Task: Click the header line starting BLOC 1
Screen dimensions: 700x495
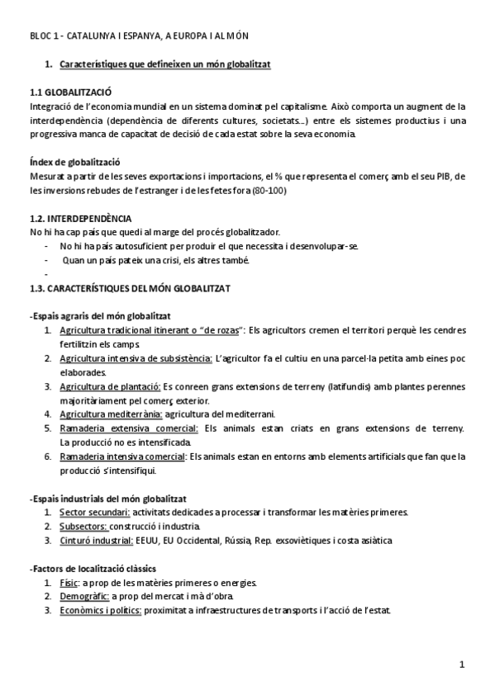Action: click(138, 36)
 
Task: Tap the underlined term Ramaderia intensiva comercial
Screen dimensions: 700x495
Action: click(123, 456)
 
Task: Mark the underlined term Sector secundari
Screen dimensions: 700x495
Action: click(94, 513)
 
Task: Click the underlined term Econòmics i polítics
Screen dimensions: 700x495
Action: click(100, 611)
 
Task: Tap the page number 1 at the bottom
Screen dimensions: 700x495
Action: click(462, 663)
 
